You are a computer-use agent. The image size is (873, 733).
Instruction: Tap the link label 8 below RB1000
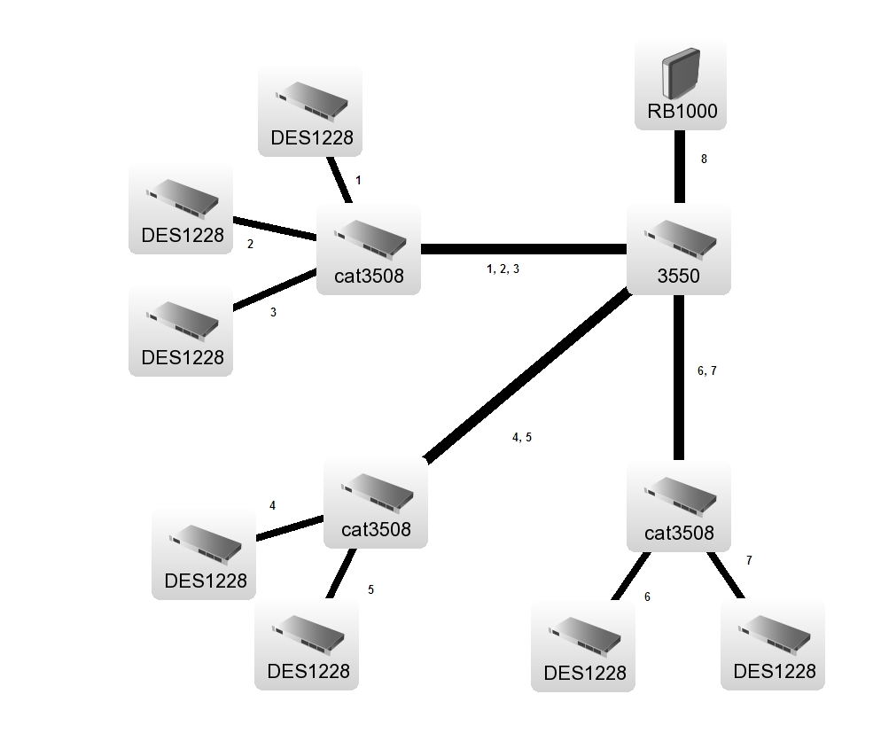tap(704, 160)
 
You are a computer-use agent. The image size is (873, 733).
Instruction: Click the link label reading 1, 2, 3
tap(503, 269)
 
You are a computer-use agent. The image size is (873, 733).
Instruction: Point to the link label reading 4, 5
tap(522, 437)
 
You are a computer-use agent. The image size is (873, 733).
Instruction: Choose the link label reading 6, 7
tap(706, 371)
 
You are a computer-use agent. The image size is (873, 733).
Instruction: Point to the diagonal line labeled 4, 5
tap(527, 376)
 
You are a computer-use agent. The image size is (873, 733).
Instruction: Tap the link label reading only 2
tap(250, 245)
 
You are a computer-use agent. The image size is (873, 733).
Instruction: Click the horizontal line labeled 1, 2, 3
tap(523, 249)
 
